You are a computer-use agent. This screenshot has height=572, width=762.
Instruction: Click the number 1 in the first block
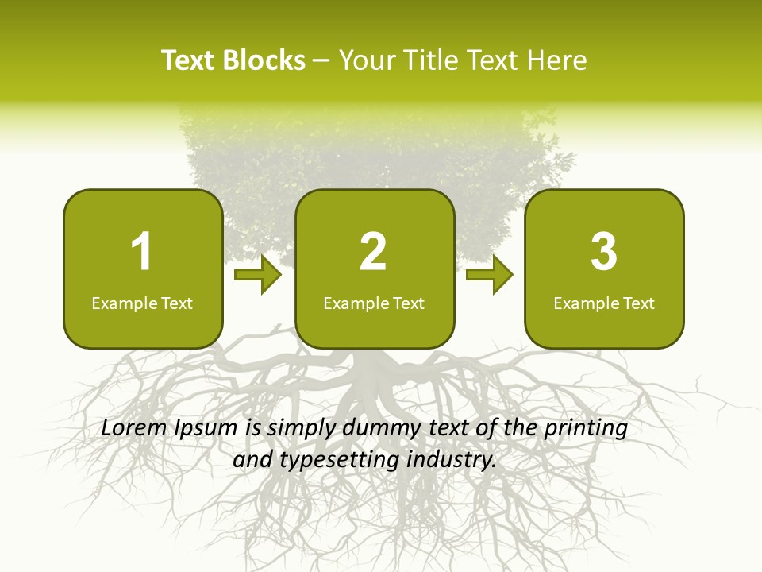tap(141, 252)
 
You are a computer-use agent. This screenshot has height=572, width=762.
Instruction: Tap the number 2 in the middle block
tap(373, 252)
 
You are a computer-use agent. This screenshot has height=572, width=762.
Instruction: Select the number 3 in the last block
tap(604, 252)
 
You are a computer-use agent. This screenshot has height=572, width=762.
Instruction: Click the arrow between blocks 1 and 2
tap(259, 275)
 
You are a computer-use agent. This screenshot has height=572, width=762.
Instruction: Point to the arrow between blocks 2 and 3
tap(490, 275)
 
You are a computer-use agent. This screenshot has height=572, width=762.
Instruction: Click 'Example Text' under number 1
tap(142, 303)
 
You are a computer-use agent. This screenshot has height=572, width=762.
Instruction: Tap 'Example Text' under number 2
tap(374, 303)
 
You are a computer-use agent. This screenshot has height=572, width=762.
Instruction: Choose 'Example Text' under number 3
tap(604, 303)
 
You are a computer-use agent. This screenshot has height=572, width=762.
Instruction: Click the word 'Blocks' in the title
tap(264, 60)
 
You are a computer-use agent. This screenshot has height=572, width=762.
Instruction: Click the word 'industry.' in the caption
tap(451, 460)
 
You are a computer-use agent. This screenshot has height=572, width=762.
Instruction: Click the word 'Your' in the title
tap(368, 60)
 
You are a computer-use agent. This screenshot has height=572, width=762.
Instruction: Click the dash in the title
tap(321, 61)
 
